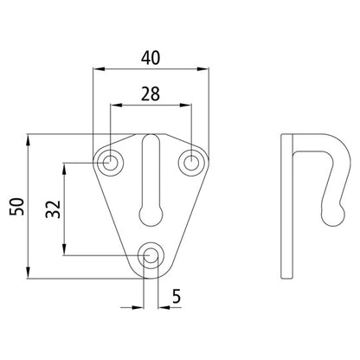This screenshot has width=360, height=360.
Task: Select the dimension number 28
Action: [x=151, y=93]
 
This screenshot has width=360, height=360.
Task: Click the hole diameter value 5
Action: [x=176, y=296]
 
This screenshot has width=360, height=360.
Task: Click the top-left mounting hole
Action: [x=111, y=162]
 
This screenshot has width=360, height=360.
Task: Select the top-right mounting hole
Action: [x=191, y=162]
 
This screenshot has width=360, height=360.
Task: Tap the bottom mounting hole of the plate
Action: [x=151, y=254]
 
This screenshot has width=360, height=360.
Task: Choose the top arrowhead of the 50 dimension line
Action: [x=31, y=138]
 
